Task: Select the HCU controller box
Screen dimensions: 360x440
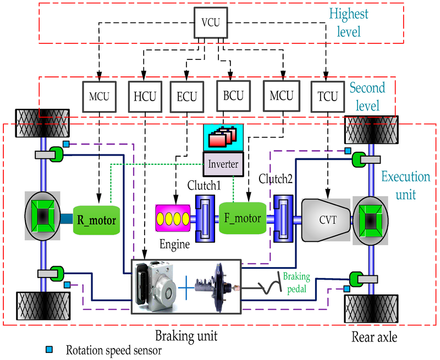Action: [x=142, y=95]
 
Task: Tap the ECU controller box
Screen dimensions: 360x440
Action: [x=186, y=95]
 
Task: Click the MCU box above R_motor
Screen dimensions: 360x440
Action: [x=97, y=95]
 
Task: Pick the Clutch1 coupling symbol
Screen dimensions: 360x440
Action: [x=206, y=215]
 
